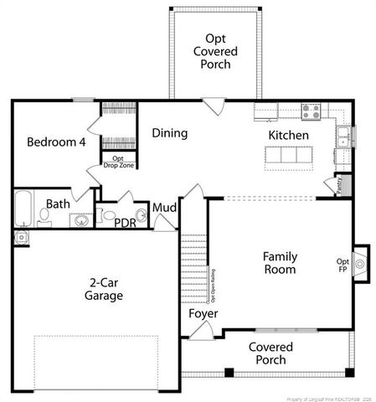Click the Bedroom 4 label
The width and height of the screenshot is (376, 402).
coord(56,142)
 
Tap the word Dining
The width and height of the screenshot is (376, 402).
coord(169,133)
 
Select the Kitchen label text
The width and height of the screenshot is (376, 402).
coord(288,136)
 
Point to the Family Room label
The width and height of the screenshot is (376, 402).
coord(280,263)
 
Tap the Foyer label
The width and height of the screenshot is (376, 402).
coord(203,313)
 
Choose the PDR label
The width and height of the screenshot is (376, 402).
coord(125,223)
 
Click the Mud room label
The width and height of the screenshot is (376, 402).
coord(163,208)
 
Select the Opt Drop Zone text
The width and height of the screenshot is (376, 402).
coord(118,161)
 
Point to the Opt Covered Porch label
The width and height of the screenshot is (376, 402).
coord(216,52)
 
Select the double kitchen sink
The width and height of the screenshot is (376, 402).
coord(344,134)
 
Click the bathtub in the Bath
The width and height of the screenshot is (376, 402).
coord(23,209)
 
